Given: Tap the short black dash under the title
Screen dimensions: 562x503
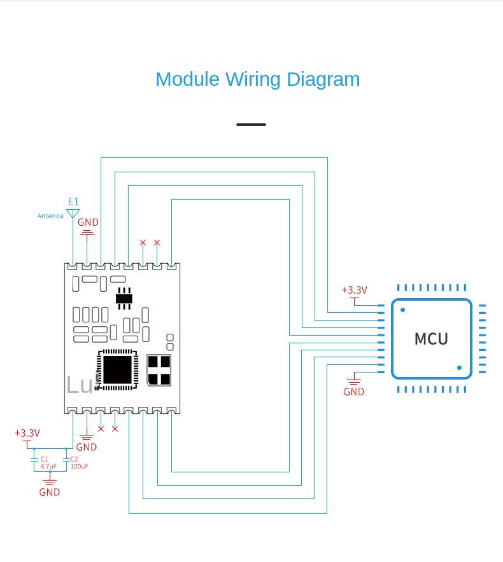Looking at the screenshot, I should click(x=251, y=125).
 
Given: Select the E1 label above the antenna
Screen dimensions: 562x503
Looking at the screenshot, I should click(x=74, y=202).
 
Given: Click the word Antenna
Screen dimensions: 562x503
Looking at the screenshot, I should click(x=50, y=216).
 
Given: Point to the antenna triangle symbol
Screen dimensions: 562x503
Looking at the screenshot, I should click(x=73, y=214).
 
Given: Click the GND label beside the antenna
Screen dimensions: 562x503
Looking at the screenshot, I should click(x=88, y=223).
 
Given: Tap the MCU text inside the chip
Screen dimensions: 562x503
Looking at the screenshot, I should click(x=431, y=339).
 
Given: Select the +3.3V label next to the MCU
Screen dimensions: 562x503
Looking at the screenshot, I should click(x=354, y=290).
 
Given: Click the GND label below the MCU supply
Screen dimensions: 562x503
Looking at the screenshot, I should click(x=353, y=392).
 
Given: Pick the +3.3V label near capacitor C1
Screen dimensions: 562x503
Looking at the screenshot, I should click(x=27, y=433).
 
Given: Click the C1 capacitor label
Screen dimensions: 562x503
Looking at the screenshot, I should click(x=44, y=458).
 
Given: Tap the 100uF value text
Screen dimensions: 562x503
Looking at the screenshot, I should click(x=79, y=466).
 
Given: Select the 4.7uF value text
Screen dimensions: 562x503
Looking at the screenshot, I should click(x=48, y=466).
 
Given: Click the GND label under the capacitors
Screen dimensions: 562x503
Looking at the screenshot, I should click(x=49, y=492).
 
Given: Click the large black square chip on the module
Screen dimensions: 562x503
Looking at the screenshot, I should click(x=117, y=369).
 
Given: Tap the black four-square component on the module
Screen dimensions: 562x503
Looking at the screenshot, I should click(x=159, y=370).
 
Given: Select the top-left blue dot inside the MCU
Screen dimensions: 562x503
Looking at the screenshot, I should click(x=402, y=310).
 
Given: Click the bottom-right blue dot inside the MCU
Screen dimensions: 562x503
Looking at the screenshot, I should click(x=459, y=367).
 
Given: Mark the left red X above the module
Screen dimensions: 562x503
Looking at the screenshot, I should click(x=143, y=243).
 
